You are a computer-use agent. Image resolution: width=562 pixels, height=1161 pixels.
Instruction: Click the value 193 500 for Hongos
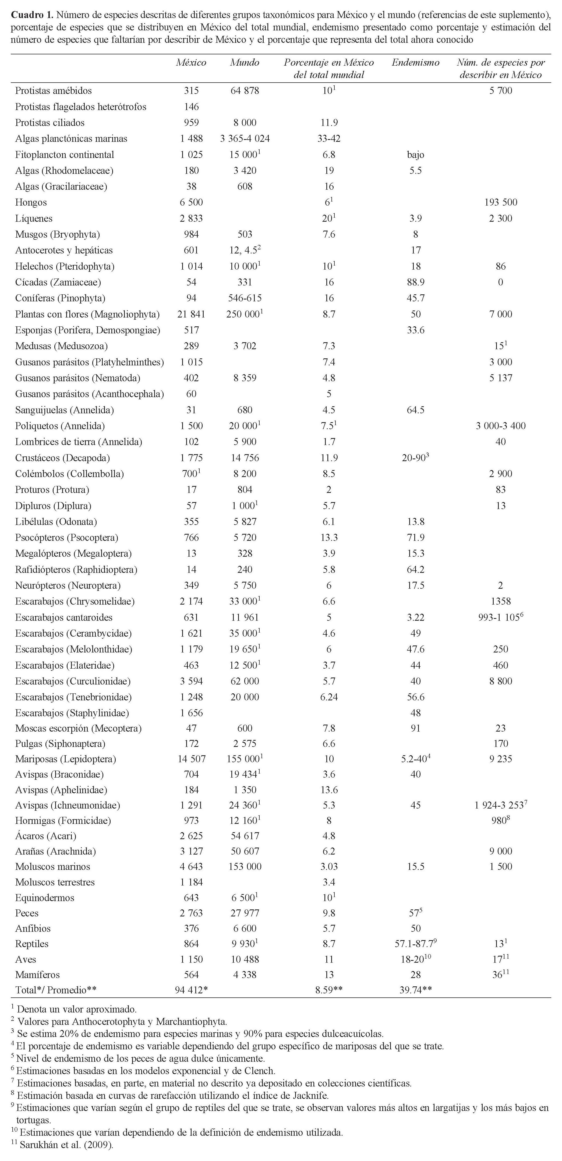tap(500, 202)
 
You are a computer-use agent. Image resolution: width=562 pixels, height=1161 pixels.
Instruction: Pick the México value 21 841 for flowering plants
tap(191, 314)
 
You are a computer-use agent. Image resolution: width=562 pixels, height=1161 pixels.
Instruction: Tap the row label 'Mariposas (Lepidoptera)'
tap(65, 759)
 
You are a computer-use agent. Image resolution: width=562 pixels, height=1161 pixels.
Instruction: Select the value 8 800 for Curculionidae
tap(500, 681)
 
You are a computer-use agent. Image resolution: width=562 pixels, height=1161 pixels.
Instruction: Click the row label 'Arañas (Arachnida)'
tap(55, 851)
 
